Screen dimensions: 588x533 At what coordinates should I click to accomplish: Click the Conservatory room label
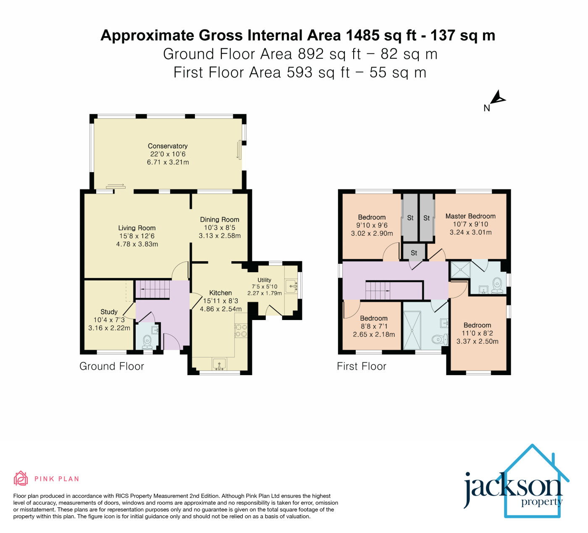168,146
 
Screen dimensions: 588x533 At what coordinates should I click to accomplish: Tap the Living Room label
137,228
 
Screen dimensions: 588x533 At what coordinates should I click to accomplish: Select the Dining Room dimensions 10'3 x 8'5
220,228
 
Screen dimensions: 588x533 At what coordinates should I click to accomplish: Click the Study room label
109,312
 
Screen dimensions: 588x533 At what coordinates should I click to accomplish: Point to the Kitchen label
220,293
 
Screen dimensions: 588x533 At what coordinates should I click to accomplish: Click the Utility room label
265,280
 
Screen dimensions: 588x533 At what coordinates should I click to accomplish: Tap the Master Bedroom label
470,216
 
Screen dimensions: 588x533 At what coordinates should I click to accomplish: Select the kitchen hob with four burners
241,331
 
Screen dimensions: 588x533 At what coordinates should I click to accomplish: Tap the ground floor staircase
152,289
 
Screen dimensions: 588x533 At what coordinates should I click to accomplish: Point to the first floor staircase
378,291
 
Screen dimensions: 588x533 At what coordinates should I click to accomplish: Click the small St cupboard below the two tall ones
414,252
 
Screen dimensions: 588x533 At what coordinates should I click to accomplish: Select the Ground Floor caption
112,366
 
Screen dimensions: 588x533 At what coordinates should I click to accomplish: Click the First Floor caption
362,366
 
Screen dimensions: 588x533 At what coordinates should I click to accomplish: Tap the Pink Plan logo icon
21,478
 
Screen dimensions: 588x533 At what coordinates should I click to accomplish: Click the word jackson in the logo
512,488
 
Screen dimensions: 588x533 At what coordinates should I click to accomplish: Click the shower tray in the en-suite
460,269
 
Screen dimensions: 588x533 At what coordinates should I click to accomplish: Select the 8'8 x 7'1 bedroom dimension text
374,326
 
